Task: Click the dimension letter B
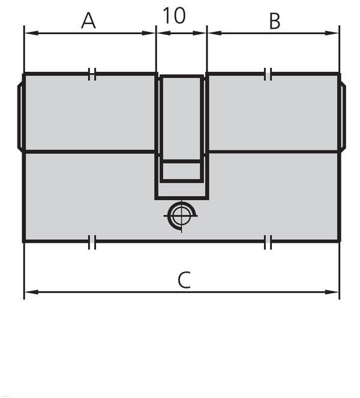274,22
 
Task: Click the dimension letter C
184,280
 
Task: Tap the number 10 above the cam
174,16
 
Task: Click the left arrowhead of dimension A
31,33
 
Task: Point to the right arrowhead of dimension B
332,33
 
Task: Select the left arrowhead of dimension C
31,292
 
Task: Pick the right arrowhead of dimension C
332,292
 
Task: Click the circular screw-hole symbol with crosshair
181,216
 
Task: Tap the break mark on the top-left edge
92,74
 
